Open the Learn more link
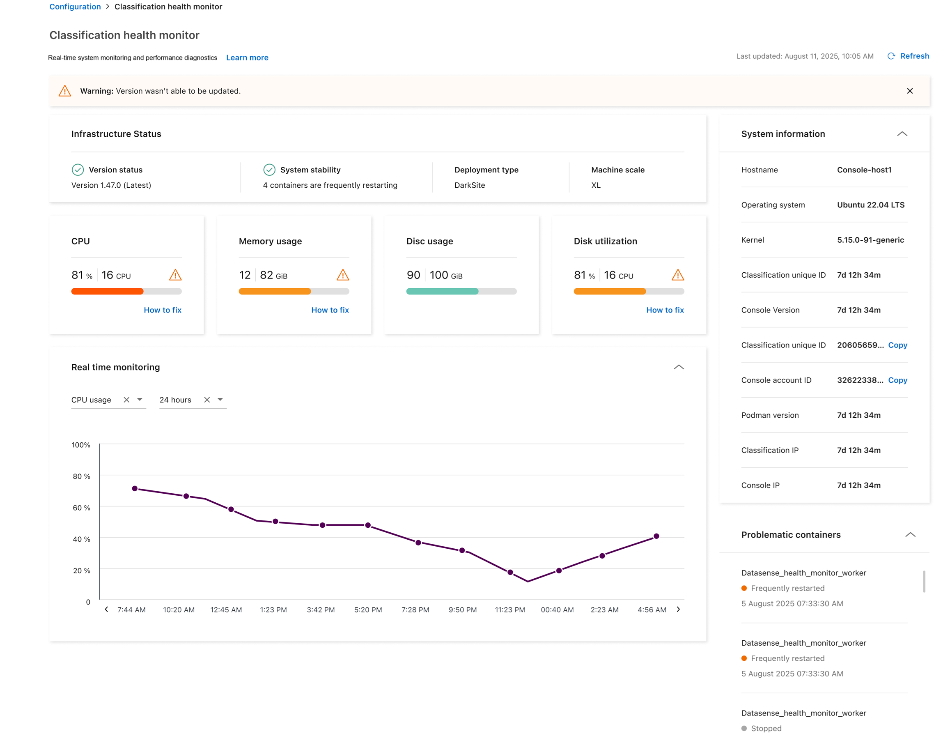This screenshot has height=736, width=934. (x=247, y=58)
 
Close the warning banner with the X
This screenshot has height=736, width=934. (x=909, y=91)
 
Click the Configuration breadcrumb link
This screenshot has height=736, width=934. (x=75, y=7)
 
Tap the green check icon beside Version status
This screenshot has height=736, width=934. (x=78, y=170)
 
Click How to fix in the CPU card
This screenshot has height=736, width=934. (x=163, y=310)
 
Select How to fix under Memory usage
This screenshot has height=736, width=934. (x=330, y=310)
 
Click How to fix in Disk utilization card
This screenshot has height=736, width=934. (x=665, y=310)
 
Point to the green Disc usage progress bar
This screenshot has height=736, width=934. (x=442, y=291)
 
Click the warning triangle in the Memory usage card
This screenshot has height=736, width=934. (x=342, y=275)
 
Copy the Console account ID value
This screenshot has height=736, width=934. (x=897, y=380)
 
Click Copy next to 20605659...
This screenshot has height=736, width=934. (x=897, y=345)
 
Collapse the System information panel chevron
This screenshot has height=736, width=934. (x=902, y=134)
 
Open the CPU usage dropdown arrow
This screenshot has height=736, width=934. (x=140, y=400)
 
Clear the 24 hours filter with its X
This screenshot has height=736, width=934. (x=207, y=400)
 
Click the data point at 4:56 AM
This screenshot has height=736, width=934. (x=656, y=536)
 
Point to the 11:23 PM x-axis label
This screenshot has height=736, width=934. (x=509, y=610)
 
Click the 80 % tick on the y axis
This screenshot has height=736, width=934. (x=81, y=476)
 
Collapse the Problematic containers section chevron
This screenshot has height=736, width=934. (x=910, y=535)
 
